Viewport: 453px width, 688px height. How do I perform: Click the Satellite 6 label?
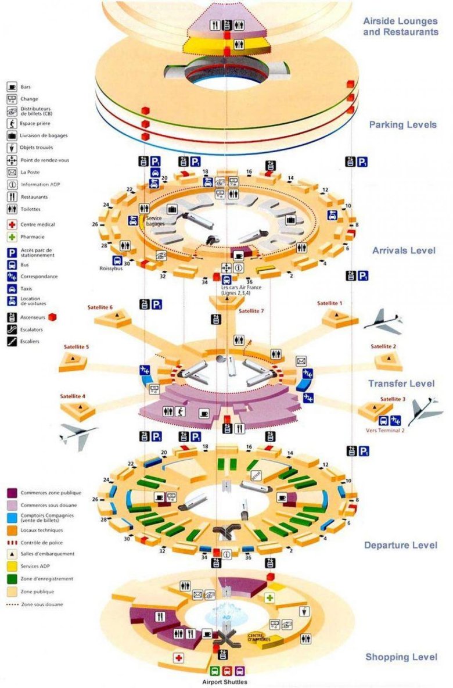point(100,307)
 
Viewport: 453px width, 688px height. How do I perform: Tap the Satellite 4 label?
point(73,396)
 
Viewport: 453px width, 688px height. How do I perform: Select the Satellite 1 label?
point(330,303)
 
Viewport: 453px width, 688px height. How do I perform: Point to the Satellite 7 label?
point(251,311)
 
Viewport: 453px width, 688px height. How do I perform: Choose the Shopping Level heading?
point(401,657)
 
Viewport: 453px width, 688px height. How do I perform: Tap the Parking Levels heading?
point(402,125)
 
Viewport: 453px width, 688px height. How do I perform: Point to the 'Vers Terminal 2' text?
point(384,431)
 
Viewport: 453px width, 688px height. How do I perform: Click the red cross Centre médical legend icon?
point(12,224)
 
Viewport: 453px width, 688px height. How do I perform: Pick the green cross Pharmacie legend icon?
point(12,237)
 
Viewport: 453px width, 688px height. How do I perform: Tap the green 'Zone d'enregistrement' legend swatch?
point(12,579)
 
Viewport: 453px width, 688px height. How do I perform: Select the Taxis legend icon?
point(12,288)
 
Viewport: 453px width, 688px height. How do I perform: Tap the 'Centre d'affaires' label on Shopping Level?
point(260,638)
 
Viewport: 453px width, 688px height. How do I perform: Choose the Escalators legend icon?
point(12,329)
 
